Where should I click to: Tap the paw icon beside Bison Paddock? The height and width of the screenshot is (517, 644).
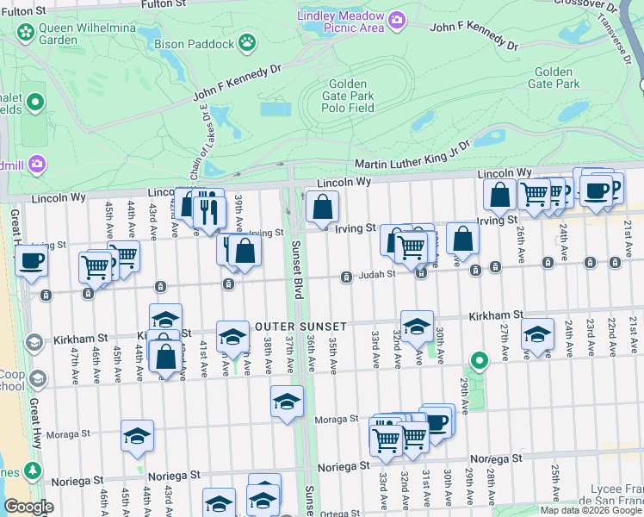pyautogui.click(x=247, y=40)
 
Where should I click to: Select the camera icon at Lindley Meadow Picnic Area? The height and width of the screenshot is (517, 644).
pyautogui.click(x=396, y=19)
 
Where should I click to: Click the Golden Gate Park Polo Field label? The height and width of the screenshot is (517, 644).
pyautogui.click(x=348, y=96)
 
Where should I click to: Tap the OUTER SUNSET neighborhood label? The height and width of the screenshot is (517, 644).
pyautogui.click(x=300, y=327)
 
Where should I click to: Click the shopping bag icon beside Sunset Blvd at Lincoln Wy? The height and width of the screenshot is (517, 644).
pyautogui.click(x=322, y=207)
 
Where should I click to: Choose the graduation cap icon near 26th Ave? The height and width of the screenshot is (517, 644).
pyautogui.click(x=537, y=335)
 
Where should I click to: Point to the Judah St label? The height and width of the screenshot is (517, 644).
pyautogui.click(x=377, y=274)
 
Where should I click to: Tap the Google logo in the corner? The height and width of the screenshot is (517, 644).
pyautogui.click(x=29, y=507)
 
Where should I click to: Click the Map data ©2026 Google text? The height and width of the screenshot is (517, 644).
pyautogui.click(x=590, y=510)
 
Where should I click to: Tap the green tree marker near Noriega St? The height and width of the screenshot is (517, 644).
pyautogui.click(x=33, y=470)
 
